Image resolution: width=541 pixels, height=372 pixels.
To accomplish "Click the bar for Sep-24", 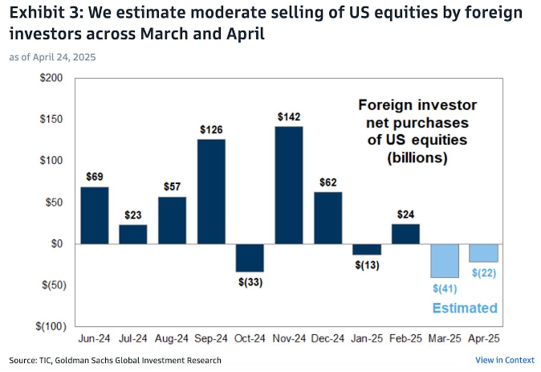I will pos(211,191).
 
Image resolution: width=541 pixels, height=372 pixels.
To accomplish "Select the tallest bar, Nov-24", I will pos(289,185).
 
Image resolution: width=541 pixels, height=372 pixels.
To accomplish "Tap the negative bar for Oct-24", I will pos(250,258).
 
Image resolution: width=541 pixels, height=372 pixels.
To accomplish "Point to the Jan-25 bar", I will pos(367,249).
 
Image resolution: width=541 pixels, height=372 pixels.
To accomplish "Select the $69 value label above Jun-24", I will pos(94,176).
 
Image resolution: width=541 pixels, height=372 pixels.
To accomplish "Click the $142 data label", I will pos(289,117).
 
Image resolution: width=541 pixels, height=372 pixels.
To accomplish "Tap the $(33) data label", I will pos(250,282).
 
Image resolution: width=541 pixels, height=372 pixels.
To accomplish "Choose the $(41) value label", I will pos(445,288).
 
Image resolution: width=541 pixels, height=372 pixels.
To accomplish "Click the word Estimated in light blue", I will pos(465,309).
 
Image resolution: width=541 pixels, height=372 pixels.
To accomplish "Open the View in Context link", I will pos(504,360).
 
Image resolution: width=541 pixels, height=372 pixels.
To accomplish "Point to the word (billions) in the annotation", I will pos(417,158).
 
